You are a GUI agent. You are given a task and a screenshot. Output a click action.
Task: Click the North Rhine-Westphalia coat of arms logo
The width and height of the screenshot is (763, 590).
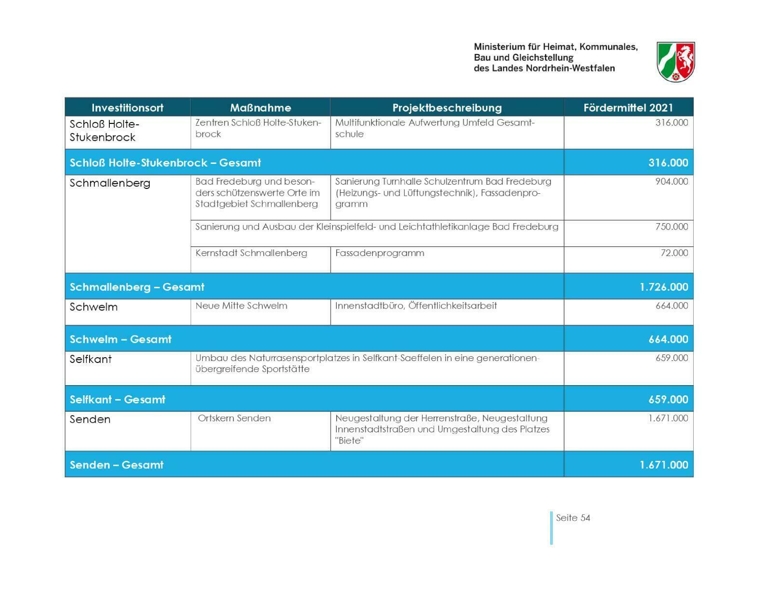[x=675, y=61]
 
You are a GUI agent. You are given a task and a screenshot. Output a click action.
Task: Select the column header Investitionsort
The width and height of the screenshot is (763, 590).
[x=127, y=107]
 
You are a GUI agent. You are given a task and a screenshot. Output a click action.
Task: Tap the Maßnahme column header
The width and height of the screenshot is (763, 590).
[x=260, y=107]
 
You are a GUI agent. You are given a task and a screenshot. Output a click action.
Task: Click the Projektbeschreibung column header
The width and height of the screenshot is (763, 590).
[x=447, y=107]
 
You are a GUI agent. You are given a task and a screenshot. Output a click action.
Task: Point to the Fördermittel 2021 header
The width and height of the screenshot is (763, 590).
[x=628, y=107]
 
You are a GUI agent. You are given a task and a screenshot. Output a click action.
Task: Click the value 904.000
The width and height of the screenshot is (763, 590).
[x=671, y=182]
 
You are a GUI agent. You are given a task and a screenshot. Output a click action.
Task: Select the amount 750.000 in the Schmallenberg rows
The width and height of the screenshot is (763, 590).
[x=671, y=227]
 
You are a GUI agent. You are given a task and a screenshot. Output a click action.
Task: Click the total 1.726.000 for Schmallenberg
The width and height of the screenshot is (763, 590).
[x=664, y=287]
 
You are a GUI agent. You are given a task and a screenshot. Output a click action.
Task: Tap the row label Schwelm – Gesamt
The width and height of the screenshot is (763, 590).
[x=120, y=339]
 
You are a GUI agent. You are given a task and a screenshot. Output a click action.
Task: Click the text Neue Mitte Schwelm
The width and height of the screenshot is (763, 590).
[x=241, y=306]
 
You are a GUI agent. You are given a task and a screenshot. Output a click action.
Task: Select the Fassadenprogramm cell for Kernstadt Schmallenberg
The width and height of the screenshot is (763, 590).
[x=380, y=253]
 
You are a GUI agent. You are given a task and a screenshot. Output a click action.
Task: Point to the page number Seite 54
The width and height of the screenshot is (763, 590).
[x=573, y=518]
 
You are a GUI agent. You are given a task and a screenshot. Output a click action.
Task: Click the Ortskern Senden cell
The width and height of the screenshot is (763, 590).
[x=234, y=418]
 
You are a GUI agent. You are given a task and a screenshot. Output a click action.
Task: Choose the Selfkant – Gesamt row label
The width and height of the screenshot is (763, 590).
[x=118, y=400]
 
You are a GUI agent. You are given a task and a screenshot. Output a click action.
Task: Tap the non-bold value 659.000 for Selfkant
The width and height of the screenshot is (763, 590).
[x=671, y=358]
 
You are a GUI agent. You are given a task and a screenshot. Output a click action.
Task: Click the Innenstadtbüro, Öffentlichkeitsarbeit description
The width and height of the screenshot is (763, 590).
[x=416, y=306]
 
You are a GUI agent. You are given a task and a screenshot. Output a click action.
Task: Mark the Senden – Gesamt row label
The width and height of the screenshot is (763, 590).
[x=117, y=465]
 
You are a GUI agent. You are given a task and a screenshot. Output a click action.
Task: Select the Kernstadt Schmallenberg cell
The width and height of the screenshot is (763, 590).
[x=251, y=253]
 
